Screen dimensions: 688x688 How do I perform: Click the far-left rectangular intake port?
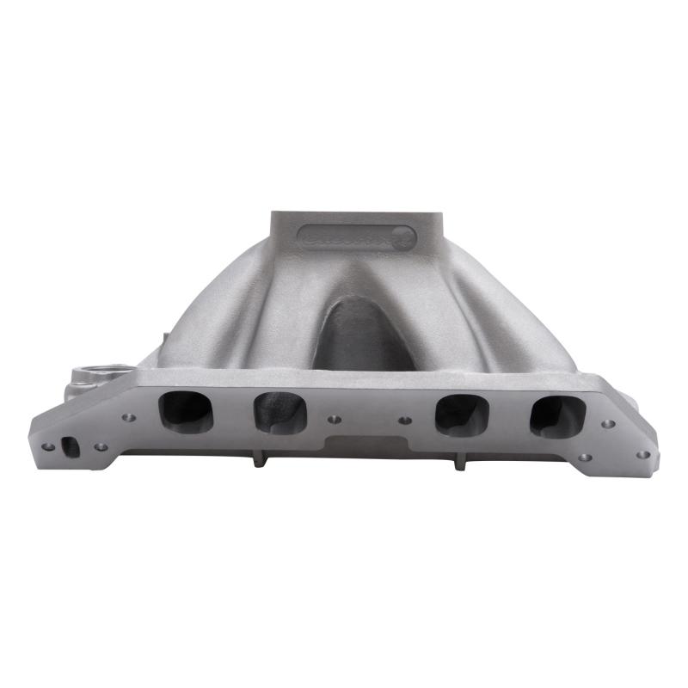tap(186, 412)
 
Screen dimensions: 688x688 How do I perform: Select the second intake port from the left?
tap(280, 412)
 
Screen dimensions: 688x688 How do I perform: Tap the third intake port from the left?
tap(463, 415)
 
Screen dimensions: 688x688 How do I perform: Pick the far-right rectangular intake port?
tap(557, 416)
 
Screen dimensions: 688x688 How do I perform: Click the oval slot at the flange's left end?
tap(71, 446)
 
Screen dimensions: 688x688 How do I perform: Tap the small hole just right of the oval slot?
tap(101, 447)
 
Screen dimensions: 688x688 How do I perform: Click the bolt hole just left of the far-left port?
tap(129, 418)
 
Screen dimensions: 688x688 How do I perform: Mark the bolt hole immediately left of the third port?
tap(405, 421)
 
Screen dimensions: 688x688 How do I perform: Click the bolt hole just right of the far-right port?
tap(608, 424)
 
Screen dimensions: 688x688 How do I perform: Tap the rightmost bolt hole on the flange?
tap(643, 454)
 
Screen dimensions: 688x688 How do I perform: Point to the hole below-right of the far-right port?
tap(586, 457)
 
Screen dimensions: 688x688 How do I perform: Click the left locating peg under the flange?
tap(258, 459)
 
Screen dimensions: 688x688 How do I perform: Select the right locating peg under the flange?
tap(458, 463)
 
